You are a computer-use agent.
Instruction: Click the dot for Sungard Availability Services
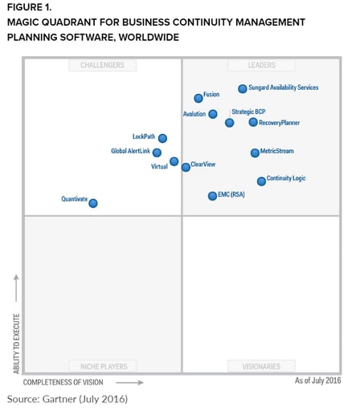point(243,88)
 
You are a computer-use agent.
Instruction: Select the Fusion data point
point(198,98)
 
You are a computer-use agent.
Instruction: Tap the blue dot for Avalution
point(213,114)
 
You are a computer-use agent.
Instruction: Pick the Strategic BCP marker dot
point(229,123)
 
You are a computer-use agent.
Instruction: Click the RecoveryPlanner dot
point(253,122)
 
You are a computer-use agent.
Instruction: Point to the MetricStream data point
point(255,153)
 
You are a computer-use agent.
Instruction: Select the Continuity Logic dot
point(261,181)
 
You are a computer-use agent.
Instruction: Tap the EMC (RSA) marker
point(212,196)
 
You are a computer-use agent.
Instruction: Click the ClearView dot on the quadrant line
point(186,167)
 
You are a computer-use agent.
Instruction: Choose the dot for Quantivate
point(93,203)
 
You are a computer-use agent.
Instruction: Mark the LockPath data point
point(162,138)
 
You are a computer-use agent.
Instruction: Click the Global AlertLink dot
point(157,153)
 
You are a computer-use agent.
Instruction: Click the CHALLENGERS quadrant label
point(102,65)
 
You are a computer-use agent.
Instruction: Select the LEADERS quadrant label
point(261,65)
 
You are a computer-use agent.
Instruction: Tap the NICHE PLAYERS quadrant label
point(104,366)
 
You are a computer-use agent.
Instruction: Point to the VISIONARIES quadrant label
point(261,366)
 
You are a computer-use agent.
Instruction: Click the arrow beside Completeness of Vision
point(129,383)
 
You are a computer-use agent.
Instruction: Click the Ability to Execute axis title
point(17,344)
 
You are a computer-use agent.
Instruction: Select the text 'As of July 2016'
point(318,380)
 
